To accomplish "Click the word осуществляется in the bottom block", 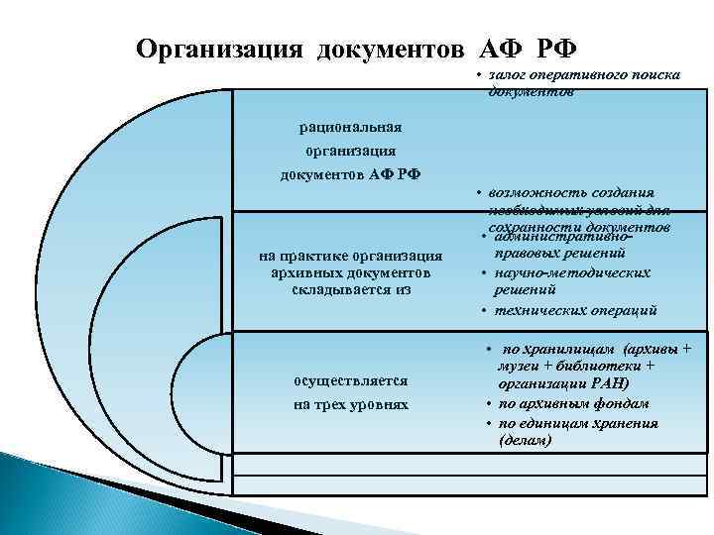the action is [345, 380].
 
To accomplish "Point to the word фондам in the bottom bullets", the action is [620, 403].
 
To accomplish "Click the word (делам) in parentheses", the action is [527, 440].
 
